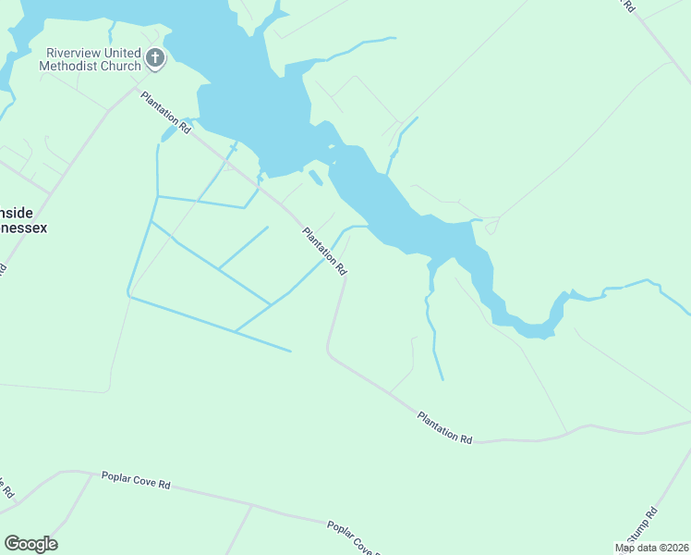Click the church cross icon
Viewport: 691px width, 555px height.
tap(155, 59)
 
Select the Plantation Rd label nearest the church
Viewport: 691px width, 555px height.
tap(165, 113)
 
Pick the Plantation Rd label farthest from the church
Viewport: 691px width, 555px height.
tap(444, 427)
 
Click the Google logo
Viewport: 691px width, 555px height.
tap(30, 544)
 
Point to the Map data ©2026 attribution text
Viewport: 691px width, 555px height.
tap(651, 548)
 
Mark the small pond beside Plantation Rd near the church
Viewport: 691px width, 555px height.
tap(168, 135)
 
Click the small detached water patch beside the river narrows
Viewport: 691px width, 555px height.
tap(315, 177)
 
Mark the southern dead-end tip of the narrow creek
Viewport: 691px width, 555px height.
tap(442, 379)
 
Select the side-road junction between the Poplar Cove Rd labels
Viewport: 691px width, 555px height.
tap(251, 505)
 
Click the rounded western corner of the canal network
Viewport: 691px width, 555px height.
tap(128, 292)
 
